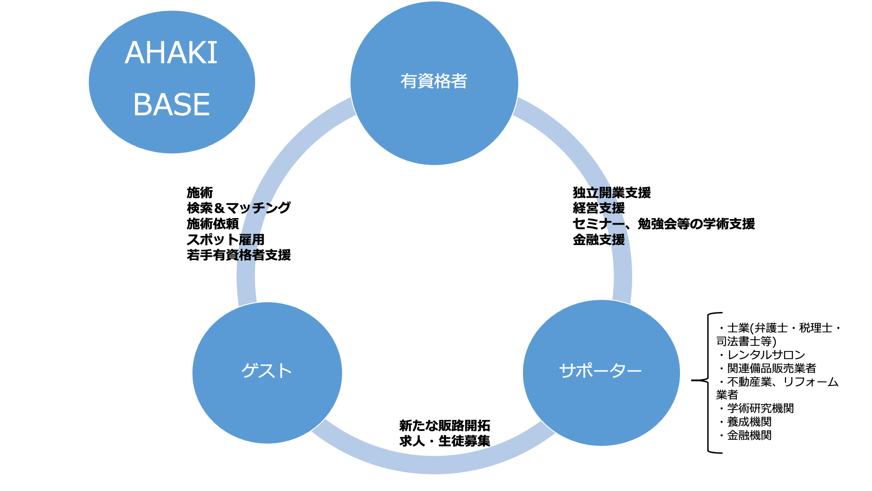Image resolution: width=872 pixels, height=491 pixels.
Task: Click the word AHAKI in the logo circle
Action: [171, 53]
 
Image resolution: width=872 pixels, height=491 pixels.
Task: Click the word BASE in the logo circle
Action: [172, 105]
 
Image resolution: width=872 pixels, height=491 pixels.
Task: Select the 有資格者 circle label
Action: [434, 81]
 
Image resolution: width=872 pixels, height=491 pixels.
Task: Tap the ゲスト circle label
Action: [266, 371]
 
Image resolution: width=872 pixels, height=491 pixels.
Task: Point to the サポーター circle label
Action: [600, 371]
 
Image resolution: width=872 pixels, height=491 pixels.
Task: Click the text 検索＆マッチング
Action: [238, 208]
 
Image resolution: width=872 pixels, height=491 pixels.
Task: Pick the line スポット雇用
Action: [225, 239]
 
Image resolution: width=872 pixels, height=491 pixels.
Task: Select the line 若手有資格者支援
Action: [238, 255]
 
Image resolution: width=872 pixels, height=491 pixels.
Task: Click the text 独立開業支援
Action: [611, 192]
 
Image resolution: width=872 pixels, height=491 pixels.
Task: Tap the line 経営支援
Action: [599, 208]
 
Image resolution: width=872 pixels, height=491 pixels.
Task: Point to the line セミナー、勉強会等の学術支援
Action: [663, 224]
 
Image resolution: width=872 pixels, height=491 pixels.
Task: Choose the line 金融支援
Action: [599, 240]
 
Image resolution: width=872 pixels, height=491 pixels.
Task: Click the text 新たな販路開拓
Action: [444, 425]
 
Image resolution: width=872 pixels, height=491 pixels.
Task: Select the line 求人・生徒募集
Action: [444, 441]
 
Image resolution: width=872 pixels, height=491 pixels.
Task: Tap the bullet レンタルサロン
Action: [766, 355]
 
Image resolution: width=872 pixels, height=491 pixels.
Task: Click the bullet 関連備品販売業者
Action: [771, 368]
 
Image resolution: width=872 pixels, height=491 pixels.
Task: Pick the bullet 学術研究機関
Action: [760, 408]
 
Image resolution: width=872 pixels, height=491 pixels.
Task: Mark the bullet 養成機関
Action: [749, 422]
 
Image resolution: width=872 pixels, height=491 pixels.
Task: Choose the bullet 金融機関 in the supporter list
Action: [749, 435]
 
